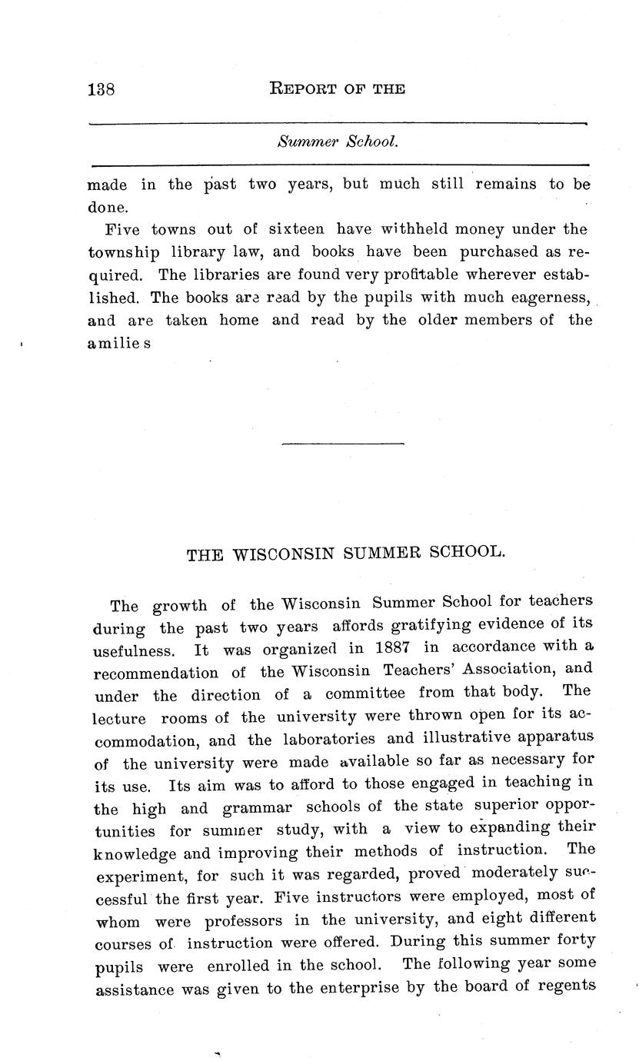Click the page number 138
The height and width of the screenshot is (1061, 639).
tap(102, 89)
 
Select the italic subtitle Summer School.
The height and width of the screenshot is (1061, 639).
tap(338, 142)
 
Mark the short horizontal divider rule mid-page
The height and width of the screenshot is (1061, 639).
tap(342, 444)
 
